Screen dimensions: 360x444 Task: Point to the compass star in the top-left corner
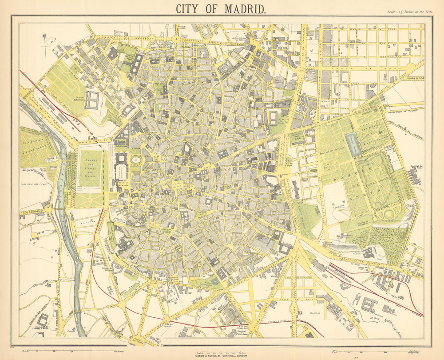click(x=44, y=36)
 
